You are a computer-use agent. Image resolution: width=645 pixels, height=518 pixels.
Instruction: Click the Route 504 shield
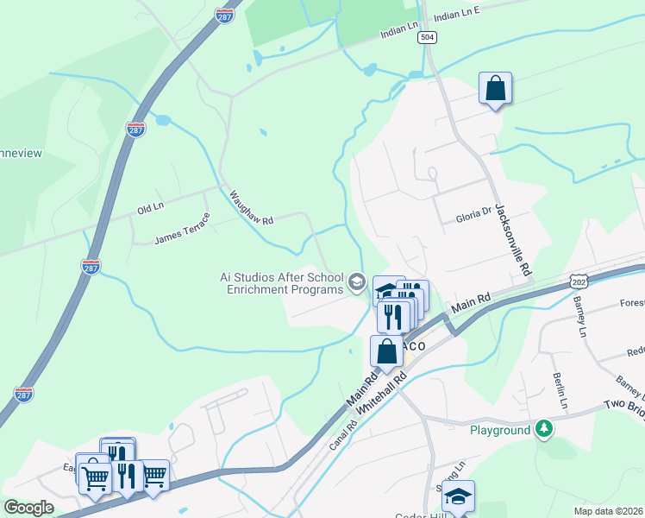coord(426,38)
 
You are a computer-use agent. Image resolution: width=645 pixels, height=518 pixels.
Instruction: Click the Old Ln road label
coord(150,209)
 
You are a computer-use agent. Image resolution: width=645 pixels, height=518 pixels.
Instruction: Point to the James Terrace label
coord(182,228)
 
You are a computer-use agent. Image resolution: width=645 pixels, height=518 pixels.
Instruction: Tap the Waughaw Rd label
coord(251,208)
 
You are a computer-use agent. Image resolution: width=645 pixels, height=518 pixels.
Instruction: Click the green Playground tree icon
coord(543,429)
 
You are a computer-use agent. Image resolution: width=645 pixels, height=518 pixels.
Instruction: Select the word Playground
coord(500,430)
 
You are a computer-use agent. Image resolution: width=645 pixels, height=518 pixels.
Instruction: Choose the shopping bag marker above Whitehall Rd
coord(386,351)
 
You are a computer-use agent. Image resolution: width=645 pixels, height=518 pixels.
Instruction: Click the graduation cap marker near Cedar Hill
coord(459,496)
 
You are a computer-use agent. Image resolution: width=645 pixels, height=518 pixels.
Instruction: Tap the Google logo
coord(28,508)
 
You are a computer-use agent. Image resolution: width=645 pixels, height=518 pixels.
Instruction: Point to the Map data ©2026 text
coord(608,511)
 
